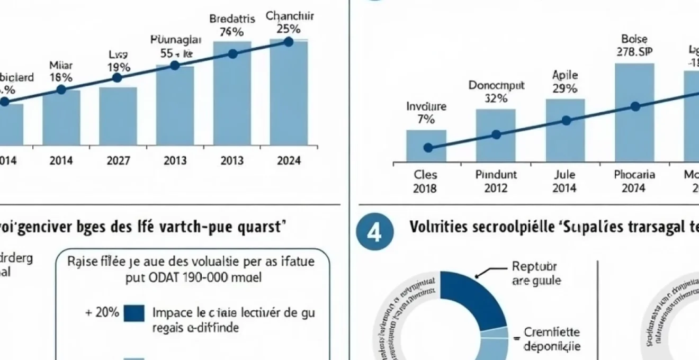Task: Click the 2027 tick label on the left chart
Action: coord(118,161)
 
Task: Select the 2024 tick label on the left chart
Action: coord(289,161)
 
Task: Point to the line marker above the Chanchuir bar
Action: coord(289,41)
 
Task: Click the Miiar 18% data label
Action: coord(61,71)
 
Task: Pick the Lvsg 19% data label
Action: coord(119,61)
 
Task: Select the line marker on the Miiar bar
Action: coord(61,89)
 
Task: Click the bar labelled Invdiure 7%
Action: coord(426,146)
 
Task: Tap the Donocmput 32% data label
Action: coord(496,92)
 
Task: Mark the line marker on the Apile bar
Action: coord(566,121)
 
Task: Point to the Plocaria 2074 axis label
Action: coord(634,181)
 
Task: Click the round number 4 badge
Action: coord(374,234)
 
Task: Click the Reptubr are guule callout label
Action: coord(536,274)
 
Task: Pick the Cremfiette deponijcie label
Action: coord(551,339)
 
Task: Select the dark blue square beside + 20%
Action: coord(133,313)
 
